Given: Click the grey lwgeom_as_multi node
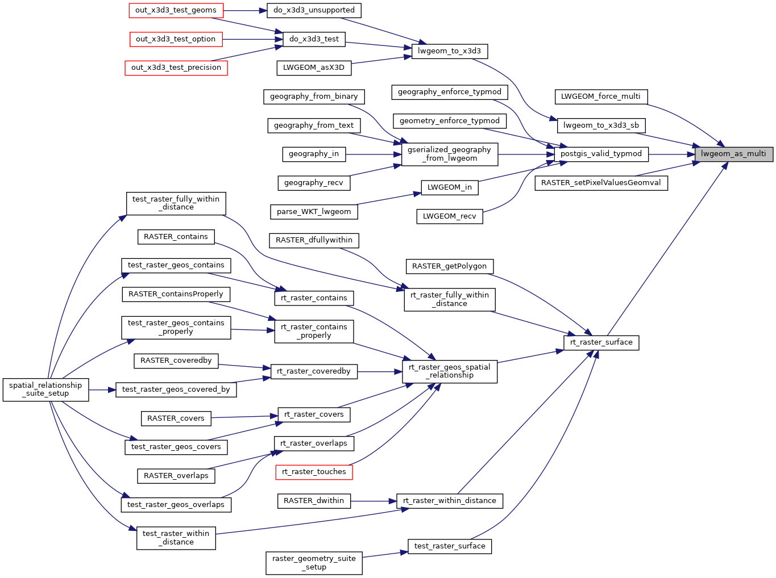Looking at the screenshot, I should point(733,154).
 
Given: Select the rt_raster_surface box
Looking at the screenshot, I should point(601,342).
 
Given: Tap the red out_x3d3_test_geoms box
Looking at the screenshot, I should point(176,10).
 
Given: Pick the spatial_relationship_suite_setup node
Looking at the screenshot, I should point(45,389).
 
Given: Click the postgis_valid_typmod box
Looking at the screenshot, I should point(601,154).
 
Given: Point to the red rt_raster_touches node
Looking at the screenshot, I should point(314,472).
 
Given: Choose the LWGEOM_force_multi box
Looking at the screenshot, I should point(600,97).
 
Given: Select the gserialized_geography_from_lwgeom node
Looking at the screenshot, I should point(449,154).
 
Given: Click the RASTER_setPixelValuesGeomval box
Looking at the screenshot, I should point(601,183).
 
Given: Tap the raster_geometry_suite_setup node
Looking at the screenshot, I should point(314,563).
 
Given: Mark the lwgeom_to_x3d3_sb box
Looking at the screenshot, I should point(601,125).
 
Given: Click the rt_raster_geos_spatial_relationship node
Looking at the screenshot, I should point(449,371).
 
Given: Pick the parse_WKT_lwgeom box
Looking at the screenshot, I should point(314,212).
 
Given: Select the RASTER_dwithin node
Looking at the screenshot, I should point(314,501).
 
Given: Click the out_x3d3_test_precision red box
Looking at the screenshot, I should point(176,68).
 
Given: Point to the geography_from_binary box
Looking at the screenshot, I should point(314,97).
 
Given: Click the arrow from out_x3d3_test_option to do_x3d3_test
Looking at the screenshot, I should point(252,39).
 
